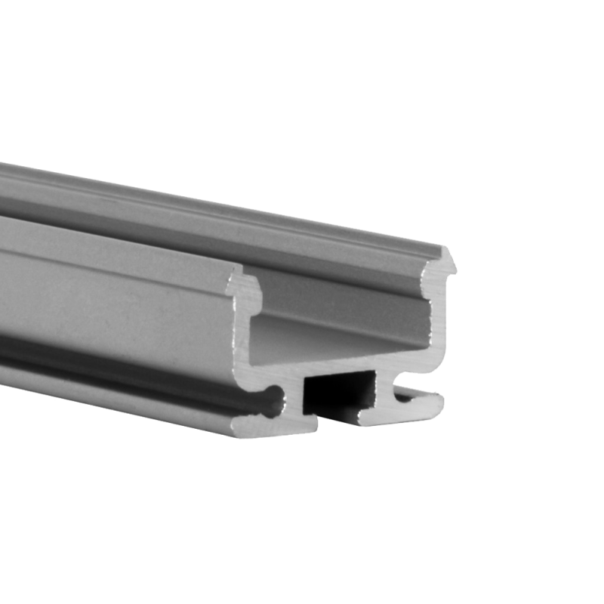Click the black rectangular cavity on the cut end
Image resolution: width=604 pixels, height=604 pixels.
click(x=338, y=392)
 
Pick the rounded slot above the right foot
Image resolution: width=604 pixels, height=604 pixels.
click(x=408, y=393)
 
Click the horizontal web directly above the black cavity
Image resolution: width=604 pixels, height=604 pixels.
click(x=340, y=369)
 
